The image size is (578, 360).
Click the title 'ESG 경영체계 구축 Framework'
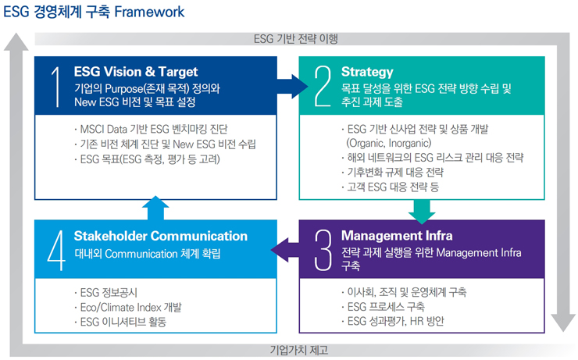(94, 12)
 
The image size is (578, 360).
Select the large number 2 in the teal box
(323, 86)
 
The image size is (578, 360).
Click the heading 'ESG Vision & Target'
(135, 72)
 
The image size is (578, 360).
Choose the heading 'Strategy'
(367, 72)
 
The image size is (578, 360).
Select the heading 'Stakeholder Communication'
(160, 236)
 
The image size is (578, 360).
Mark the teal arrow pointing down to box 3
(421, 209)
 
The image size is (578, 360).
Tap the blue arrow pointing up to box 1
(155, 208)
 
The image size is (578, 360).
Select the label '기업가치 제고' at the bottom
(295, 349)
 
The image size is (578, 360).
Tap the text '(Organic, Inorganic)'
(387, 143)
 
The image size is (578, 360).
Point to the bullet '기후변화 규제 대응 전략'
(392, 173)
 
